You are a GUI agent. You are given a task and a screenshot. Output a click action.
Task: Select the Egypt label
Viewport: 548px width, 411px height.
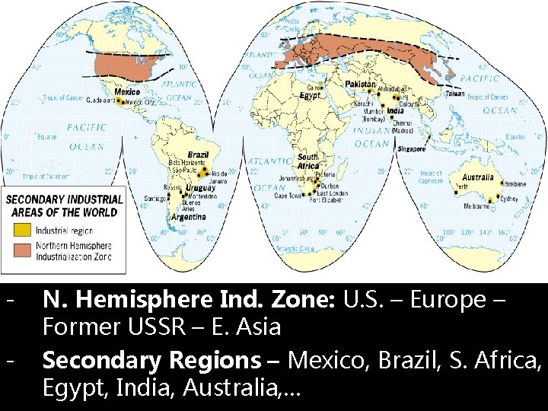coord(309,97)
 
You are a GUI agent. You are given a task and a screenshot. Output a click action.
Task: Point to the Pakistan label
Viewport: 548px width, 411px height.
coord(360,84)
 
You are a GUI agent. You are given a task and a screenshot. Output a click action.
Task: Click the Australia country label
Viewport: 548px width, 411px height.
coord(479,177)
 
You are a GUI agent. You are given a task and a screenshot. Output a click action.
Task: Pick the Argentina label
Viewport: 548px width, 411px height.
coord(188,217)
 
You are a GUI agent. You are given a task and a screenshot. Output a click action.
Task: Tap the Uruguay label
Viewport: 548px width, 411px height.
coord(199,188)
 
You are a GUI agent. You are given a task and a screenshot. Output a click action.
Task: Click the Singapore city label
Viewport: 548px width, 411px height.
coord(412,149)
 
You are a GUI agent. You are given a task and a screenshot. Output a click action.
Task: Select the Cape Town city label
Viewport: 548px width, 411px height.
coord(289,196)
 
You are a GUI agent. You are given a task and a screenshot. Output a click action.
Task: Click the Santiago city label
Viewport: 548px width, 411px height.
coord(157,199)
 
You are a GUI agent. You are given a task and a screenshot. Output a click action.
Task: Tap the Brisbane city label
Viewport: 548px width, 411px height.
coord(515,183)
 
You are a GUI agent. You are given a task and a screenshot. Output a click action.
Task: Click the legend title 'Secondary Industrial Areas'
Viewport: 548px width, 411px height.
coord(64,205)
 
